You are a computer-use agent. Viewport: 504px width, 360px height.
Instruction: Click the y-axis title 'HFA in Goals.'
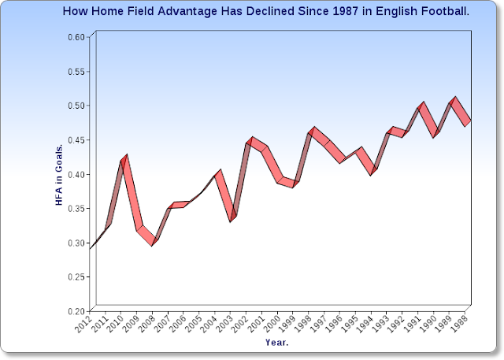click(x=58, y=175)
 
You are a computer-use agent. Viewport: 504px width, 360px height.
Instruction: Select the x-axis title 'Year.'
click(x=276, y=343)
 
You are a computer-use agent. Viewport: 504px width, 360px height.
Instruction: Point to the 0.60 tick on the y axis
click(x=76, y=37)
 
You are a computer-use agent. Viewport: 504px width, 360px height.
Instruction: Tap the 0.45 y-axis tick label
click(x=76, y=140)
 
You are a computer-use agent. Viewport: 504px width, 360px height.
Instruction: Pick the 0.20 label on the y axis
click(x=76, y=311)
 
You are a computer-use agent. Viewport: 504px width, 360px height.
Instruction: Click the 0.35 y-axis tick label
click(x=76, y=209)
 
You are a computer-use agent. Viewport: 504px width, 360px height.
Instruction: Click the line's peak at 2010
click(x=124, y=158)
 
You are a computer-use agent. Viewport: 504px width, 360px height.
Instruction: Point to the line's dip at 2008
click(x=154, y=242)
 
